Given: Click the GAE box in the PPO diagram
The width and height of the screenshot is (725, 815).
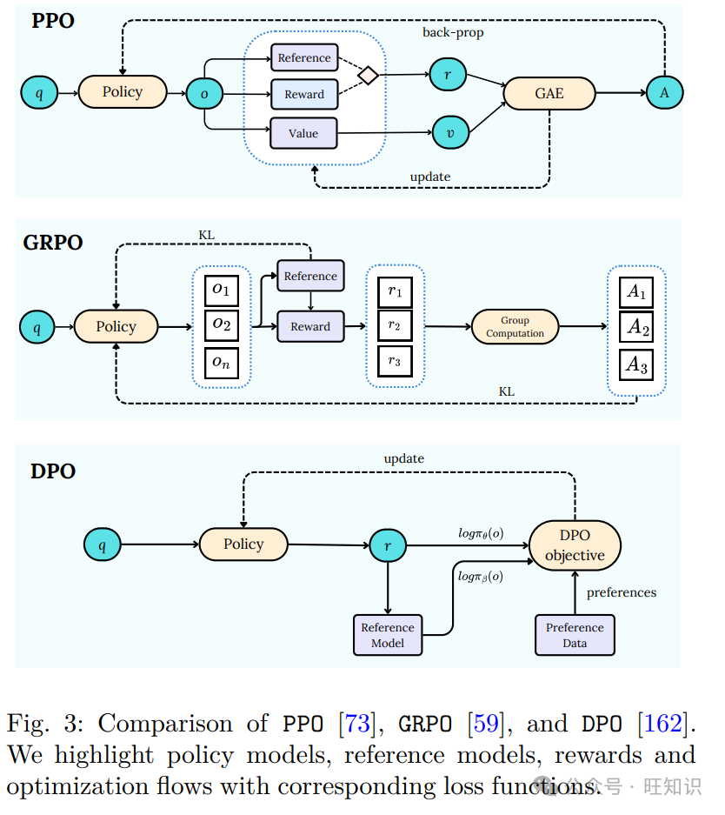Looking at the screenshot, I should (549, 93).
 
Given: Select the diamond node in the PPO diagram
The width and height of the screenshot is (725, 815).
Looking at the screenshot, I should (369, 76).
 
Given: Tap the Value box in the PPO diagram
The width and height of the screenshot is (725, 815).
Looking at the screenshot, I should (303, 133).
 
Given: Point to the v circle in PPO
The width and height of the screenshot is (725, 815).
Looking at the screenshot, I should (449, 132).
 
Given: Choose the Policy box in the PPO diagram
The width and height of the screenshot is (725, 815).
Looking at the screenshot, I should (122, 92).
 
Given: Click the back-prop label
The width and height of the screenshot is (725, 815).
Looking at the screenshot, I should (453, 32).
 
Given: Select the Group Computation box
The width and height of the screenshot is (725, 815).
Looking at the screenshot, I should (515, 327).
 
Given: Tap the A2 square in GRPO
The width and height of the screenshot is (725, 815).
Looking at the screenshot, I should (638, 328).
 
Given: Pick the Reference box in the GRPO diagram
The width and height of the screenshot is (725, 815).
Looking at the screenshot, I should (310, 276).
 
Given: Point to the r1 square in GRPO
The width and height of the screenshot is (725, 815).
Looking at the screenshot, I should (396, 292).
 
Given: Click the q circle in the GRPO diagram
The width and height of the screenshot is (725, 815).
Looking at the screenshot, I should (37, 328).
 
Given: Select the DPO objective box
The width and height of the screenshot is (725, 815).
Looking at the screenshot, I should (575, 546).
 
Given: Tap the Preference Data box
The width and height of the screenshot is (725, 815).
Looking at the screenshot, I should (575, 635).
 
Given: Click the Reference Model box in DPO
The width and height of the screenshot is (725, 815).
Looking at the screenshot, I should (387, 635).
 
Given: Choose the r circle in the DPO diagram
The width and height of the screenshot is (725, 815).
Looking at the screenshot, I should (387, 546).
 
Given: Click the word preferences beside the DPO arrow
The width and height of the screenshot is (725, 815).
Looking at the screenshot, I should (621, 592).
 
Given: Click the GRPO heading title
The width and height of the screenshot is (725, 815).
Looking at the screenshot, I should (53, 242).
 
